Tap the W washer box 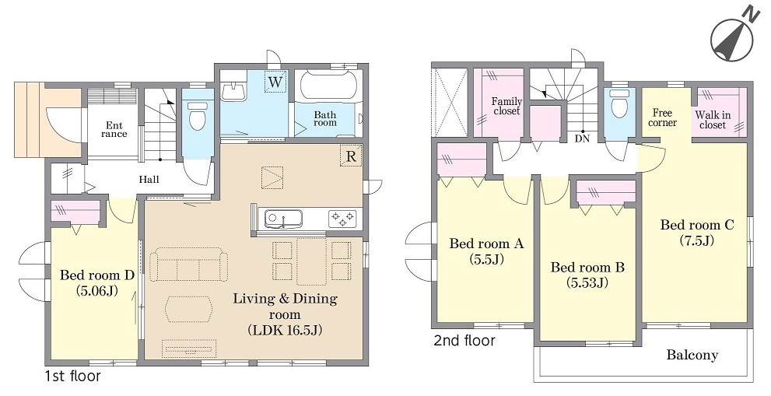coord(275,82)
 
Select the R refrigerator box coord(351,156)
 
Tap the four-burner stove coord(342,217)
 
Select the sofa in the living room coord(189,265)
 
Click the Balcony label coord(692,355)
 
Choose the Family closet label coord(506,107)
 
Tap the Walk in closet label coord(713,120)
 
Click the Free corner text coord(662,118)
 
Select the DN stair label coord(582,138)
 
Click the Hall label coord(149,180)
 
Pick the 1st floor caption coord(73,377)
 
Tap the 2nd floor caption coord(464,341)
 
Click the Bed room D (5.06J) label coord(96,283)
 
